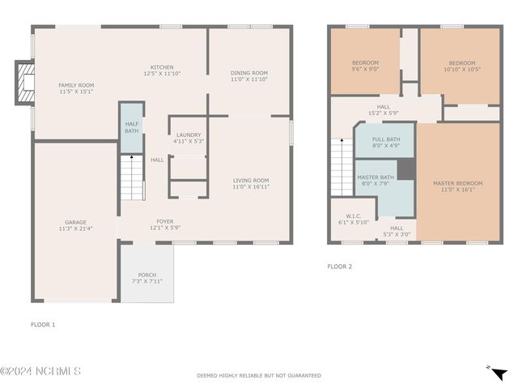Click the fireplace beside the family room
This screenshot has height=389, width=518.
(25, 83)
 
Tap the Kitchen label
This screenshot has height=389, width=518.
(162, 67)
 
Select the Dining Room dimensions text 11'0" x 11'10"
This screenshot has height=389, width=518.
(249, 79)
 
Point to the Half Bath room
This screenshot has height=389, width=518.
(131, 128)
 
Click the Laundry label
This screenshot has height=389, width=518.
(189, 135)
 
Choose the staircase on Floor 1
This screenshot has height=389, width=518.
(132, 177)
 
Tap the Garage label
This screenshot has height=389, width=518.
(75, 222)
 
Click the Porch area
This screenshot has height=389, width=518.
(147, 273)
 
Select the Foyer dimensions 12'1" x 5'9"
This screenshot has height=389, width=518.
(165, 228)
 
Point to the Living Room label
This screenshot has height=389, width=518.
(251, 181)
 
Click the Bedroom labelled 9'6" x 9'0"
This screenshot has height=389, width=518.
(365, 62)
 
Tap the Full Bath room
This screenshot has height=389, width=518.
(385, 140)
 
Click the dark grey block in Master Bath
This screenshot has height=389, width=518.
(406, 169)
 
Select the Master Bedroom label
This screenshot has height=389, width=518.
(458, 183)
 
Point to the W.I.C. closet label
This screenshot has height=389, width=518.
(354, 216)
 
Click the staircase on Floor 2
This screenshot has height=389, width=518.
(342, 168)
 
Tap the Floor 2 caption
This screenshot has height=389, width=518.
(340, 267)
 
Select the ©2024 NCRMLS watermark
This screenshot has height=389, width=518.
(40, 371)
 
